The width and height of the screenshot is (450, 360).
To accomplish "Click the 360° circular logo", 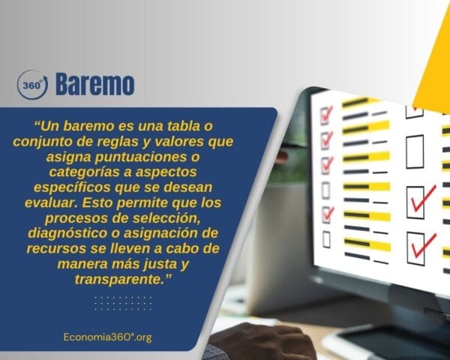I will (x=32, y=85).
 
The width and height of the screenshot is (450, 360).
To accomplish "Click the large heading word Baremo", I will (x=95, y=85).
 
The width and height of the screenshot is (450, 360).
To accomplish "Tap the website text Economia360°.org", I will (x=108, y=337).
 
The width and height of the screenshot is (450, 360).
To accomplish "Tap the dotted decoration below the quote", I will (x=123, y=302).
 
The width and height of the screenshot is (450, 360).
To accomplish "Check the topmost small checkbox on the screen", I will (x=326, y=114).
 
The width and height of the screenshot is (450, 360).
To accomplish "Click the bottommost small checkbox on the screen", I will (x=325, y=238).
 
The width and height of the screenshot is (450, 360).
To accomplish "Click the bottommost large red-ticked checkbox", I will (x=421, y=246).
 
